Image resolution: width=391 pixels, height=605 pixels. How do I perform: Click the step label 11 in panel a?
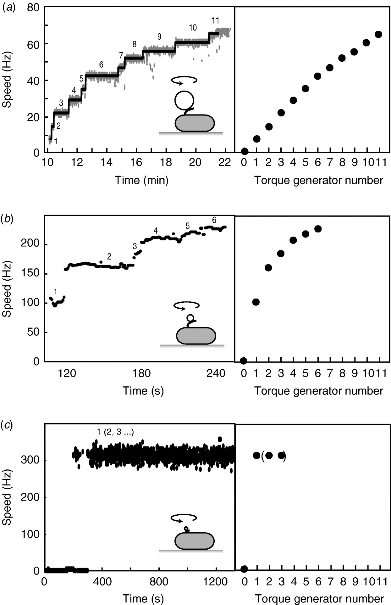pyautogui.click(x=215, y=21)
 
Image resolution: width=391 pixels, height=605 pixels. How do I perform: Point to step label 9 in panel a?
pyautogui.click(x=159, y=37)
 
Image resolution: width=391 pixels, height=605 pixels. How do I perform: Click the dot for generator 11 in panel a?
pyautogui.click(x=378, y=34)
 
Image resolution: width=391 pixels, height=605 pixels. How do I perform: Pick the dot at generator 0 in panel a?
pyautogui.click(x=245, y=151)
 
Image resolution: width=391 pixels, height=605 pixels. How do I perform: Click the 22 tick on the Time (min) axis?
pyautogui.click(x=224, y=162)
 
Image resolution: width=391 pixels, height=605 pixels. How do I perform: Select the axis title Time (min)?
pyautogui.click(x=141, y=180)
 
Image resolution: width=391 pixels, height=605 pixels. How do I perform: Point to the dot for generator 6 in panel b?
pyautogui.click(x=318, y=229)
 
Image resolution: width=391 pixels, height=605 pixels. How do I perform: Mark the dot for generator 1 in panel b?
pyautogui.click(x=256, y=302)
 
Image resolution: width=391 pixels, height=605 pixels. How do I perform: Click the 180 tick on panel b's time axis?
pyautogui.click(x=141, y=373)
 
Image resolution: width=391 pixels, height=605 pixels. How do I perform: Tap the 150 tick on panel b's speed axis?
pyautogui.click(x=30, y=273)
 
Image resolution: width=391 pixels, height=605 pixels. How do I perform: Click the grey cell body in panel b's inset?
pyautogui.click(x=196, y=336)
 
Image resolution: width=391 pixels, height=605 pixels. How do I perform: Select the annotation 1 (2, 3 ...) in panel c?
pyautogui.click(x=115, y=432)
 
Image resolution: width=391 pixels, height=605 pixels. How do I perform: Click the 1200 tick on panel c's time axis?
pyautogui.click(x=216, y=582)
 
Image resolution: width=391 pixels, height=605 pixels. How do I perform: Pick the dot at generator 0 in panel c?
pyautogui.click(x=244, y=569)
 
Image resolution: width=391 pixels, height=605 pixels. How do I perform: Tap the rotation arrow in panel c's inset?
pyautogui.click(x=184, y=518)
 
